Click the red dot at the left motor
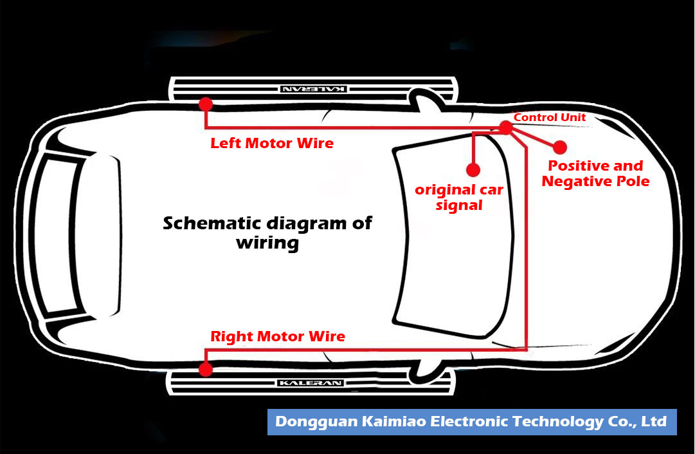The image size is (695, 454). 206,104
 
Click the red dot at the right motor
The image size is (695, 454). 206,369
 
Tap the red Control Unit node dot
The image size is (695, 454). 506,128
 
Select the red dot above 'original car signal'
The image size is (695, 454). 473,169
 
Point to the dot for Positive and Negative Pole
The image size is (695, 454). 559,147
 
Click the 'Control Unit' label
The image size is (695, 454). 550,117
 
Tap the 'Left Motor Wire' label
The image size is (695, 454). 272,143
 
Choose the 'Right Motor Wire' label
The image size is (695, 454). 278,336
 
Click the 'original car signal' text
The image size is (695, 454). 459,198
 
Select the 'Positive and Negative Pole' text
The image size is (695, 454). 595,174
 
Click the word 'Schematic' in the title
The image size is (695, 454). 206,223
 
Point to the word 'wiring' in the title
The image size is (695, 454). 267,243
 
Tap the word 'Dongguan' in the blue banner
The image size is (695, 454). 313,422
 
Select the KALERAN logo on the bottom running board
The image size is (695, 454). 311,383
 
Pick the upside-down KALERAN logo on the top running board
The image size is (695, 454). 314,89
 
